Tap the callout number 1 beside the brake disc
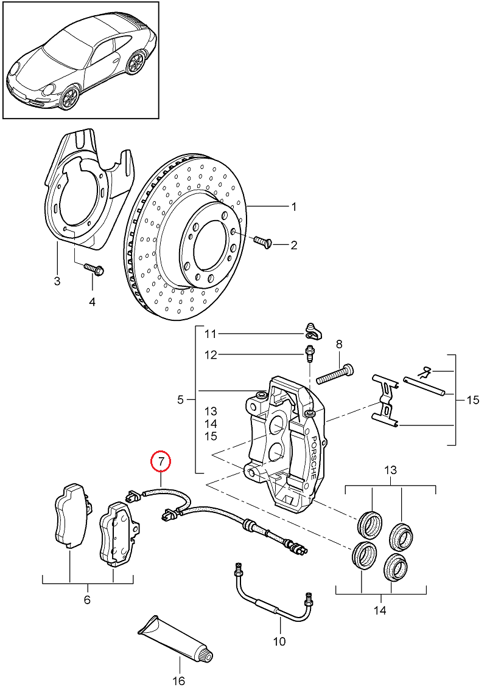click(293, 207)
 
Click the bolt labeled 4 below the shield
click(94, 268)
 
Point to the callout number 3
click(57, 281)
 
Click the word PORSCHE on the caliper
click(314, 457)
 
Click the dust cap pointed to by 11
click(314, 331)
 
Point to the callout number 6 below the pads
click(87, 600)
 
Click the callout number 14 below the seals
click(380, 611)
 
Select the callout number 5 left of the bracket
click(180, 400)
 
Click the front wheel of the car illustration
click(69, 95)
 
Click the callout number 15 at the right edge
click(473, 400)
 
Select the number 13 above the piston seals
click(391, 470)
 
